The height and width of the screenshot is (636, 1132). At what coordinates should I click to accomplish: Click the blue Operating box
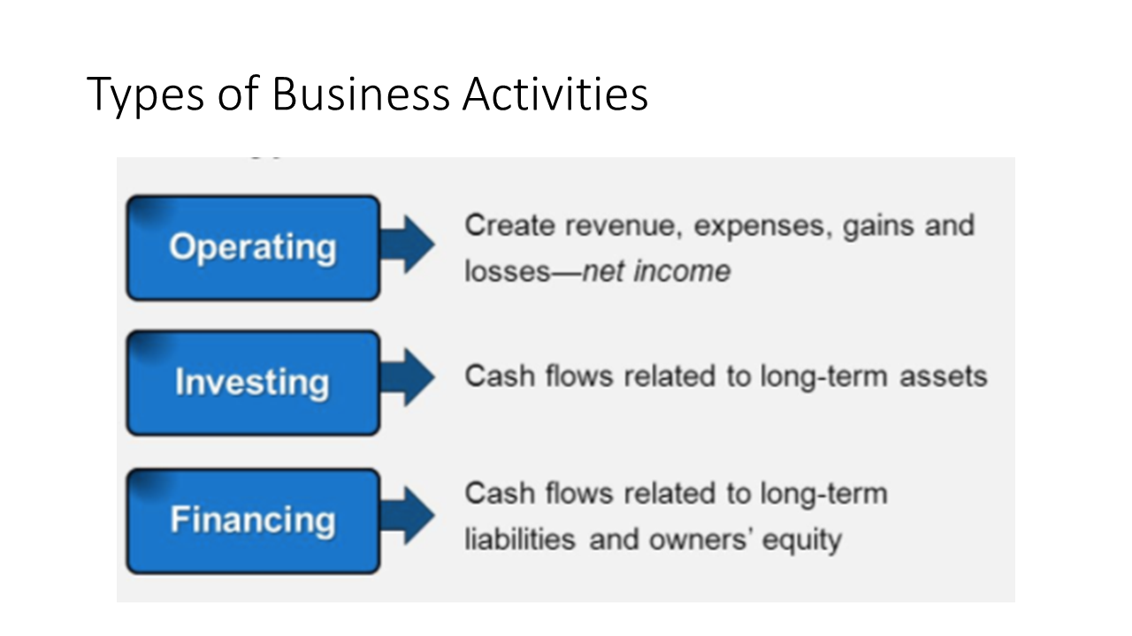253,248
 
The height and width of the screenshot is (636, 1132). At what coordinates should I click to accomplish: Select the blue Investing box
253,383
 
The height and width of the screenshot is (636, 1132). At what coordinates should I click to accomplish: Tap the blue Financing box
253,521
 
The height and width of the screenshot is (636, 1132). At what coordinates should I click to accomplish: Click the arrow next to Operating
408,245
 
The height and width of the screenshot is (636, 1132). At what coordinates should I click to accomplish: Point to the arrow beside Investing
408,377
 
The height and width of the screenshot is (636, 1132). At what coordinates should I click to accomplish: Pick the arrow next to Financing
408,515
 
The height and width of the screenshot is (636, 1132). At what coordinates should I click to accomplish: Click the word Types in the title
146,95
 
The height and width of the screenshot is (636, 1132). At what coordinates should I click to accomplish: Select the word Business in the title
361,94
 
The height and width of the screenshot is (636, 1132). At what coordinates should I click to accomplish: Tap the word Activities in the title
555,94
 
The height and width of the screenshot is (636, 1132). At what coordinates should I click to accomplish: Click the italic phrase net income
656,271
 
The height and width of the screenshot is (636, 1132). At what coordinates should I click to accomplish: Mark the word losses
507,271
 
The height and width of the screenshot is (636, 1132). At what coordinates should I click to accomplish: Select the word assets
944,377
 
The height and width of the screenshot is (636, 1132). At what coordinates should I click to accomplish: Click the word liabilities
520,539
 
